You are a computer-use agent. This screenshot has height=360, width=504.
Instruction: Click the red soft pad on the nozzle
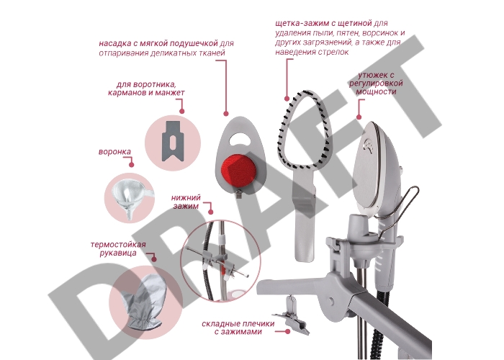click(238, 170)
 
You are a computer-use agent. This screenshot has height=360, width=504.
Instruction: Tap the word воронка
click(114, 152)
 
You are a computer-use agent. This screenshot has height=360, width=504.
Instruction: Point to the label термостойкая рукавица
click(118, 249)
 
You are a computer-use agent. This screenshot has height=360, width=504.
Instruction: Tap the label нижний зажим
click(186, 202)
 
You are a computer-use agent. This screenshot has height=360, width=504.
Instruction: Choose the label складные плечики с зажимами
click(238, 327)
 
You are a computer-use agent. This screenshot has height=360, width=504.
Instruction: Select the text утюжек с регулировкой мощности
click(376, 84)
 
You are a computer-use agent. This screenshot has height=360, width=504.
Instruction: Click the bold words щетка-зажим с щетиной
click(323, 23)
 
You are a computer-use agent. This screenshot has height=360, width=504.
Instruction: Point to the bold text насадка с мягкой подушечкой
click(158, 43)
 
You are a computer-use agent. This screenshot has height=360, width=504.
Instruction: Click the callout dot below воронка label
click(131, 165)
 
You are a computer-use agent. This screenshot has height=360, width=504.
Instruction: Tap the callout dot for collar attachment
click(182, 111)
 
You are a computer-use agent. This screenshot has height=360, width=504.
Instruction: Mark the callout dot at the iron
click(359, 117)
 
